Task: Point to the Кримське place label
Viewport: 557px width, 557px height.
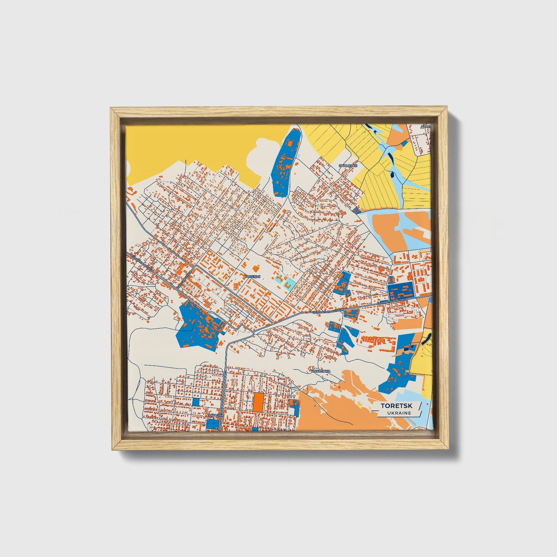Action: pos(348,166)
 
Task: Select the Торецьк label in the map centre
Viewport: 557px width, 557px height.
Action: pos(253,276)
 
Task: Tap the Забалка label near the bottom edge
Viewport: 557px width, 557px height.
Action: pos(215,415)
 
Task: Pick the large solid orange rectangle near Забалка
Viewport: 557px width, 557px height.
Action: pos(258,402)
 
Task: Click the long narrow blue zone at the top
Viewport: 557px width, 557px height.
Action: pos(285,162)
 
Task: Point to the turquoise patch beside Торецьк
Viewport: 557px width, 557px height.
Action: pos(290,284)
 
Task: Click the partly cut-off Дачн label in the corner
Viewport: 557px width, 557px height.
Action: pos(426,126)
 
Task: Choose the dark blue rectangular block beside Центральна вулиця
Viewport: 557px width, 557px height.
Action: pos(401,291)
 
